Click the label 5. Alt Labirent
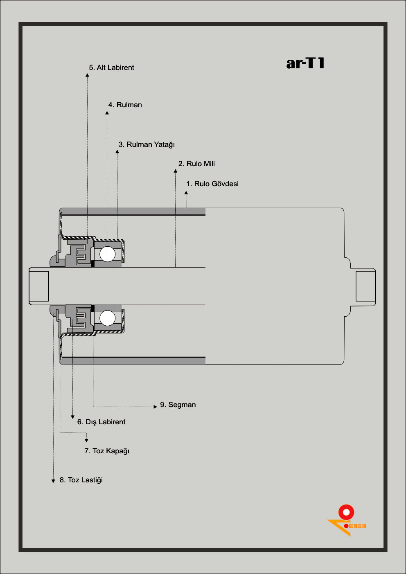[x=111, y=68]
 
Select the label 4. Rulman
[x=125, y=105]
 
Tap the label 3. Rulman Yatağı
[x=147, y=144]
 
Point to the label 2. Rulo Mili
[x=196, y=164]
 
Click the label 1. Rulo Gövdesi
[x=212, y=184]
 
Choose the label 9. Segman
[x=178, y=405]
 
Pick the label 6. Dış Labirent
[x=101, y=422]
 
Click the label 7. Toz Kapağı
[x=106, y=451]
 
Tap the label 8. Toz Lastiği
[x=81, y=480]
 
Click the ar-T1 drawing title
[x=305, y=63]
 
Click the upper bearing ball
[x=108, y=254]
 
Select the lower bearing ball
[x=108, y=318]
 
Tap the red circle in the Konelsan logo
[x=346, y=512]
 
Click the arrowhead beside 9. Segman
[x=155, y=407]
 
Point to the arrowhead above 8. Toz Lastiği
[x=53, y=481]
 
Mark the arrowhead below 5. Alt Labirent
[x=87, y=75]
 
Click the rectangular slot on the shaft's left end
[x=39, y=286]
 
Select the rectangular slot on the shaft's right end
[x=365, y=286]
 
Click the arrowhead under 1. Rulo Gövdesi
[x=186, y=193]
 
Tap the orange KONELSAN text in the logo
[x=357, y=526]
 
